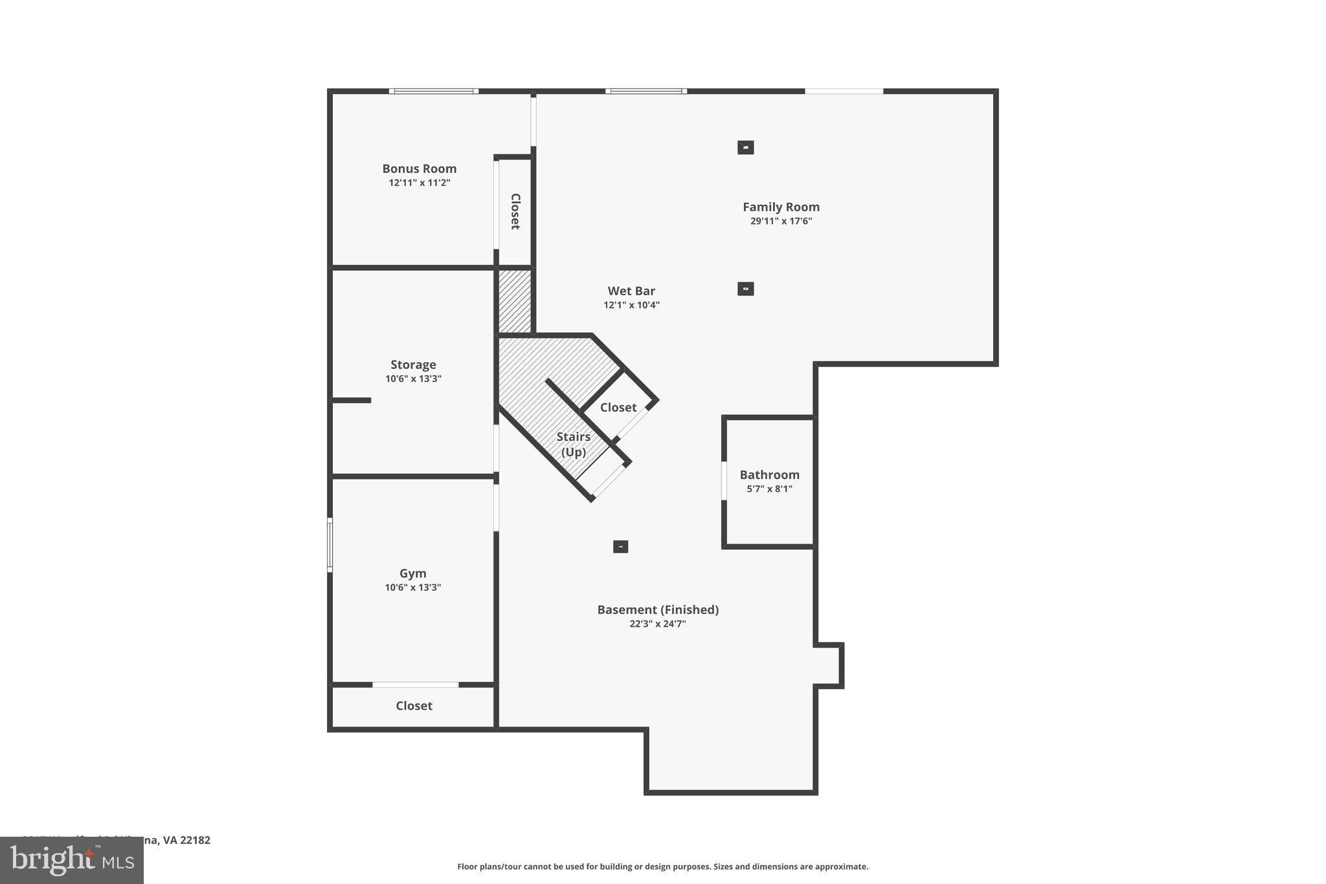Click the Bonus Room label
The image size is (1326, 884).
coord(419,168)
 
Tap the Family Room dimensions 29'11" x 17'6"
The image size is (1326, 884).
coord(781,221)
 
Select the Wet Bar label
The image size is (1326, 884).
coord(631,291)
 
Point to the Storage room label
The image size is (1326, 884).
coord(413,365)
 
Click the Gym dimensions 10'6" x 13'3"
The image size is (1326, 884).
coord(413,587)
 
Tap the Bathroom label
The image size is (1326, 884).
coord(769,475)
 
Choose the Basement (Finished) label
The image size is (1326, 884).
coord(658,609)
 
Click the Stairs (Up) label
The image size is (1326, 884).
coord(573,444)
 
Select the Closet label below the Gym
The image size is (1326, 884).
coord(414,705)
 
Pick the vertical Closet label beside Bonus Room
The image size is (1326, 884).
coord(515,211)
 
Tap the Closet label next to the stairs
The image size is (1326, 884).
coord(618,407)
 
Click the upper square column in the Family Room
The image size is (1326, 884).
coord(745,148)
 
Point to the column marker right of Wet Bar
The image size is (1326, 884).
coord(745,289)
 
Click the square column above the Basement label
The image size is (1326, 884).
coord(620,547)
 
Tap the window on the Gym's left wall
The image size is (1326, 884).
coord(330,545)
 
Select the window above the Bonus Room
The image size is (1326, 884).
coord(434,91)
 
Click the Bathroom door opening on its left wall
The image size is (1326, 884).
coord(725,481)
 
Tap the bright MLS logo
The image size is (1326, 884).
coord(72,861)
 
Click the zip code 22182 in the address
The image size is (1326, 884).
coord(195,840)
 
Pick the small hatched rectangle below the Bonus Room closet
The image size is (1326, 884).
coord(515,301)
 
